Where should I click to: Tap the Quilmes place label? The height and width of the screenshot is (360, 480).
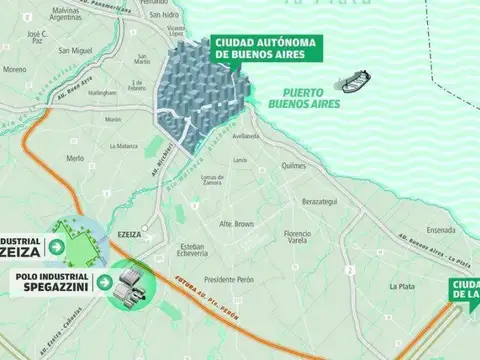point(292,166)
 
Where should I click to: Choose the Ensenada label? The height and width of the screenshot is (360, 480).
point(441,229)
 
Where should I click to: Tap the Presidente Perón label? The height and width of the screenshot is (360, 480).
point(229,280)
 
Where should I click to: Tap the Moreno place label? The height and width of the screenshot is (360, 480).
point(14,70)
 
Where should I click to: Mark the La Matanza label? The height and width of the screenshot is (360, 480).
point(123,146)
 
